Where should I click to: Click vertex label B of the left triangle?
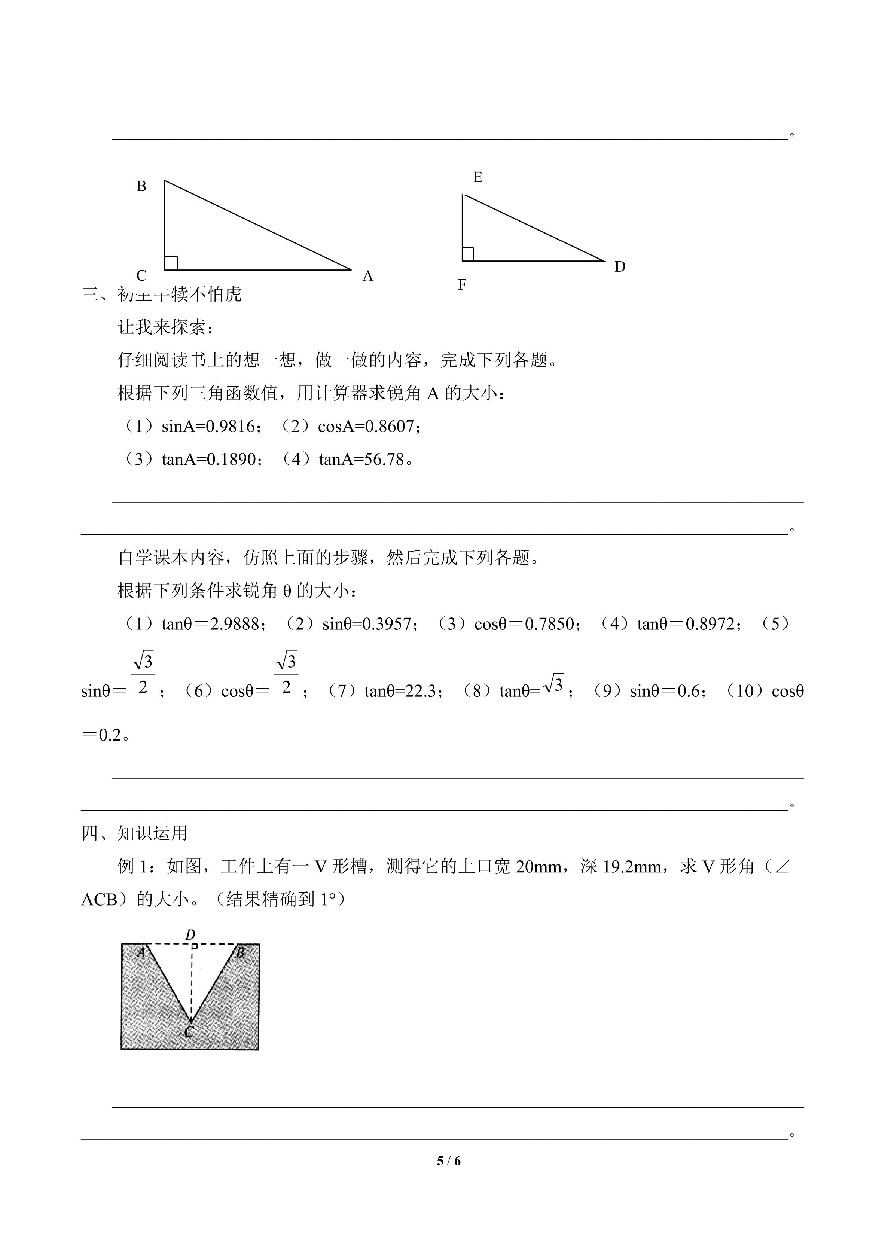coord(141,187)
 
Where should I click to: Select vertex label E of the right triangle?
coord(478,177)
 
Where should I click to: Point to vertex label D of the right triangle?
coord(620,267)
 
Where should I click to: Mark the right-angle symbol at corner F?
coord(468,254)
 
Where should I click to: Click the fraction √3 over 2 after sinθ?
coord(143,673)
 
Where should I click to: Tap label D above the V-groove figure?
coord(191,934)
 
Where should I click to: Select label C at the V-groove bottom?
coord(189,1032)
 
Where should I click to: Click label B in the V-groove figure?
coord(240,953)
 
